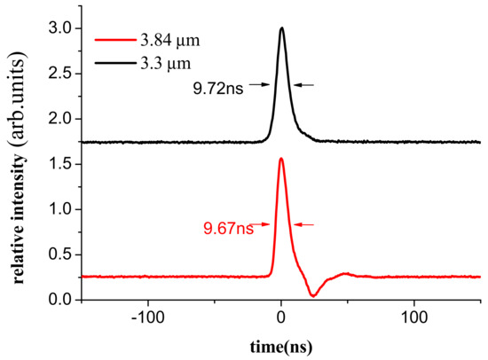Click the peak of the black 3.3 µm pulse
coord(282,28)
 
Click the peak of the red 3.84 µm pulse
coord(281,159)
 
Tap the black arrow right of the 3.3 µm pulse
coord(303,85)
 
